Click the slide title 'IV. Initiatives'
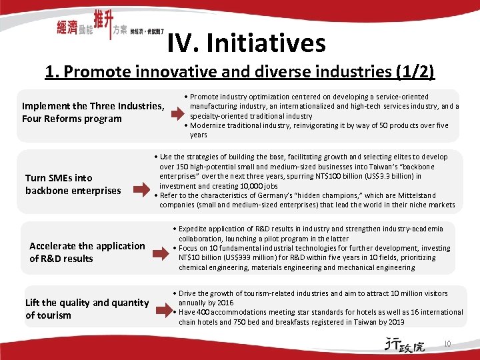pyautogui.click(x=247, y=44)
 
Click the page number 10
pyautogui.click(x=447, y=344)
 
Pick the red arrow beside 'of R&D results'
pyautogui.click(x=161, y=253)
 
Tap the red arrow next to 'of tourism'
pyautogui.click(x=165, y=309)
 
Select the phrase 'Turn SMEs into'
pyautogui.click(x=59, y=178)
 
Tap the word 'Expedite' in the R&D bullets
pyautogui.click(x=195, y=229)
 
